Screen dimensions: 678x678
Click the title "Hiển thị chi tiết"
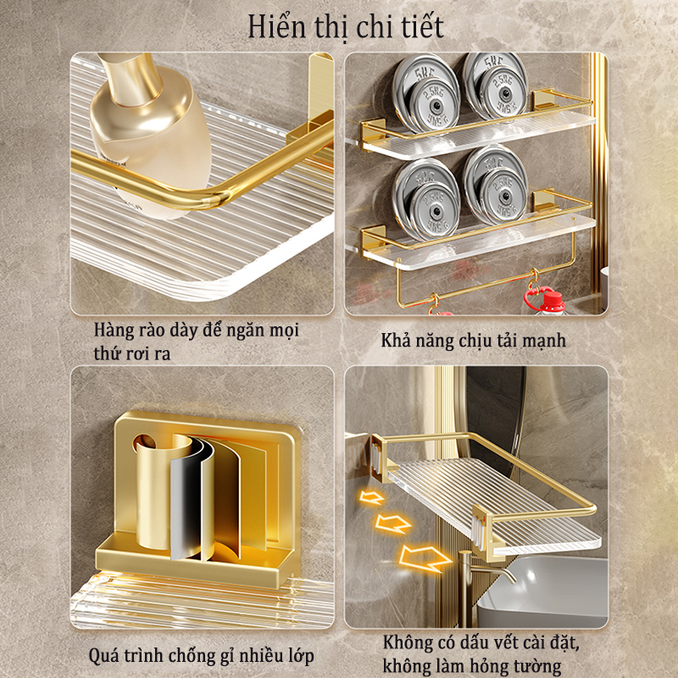tap(345, 25)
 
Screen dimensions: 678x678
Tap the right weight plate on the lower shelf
tap(496, 185)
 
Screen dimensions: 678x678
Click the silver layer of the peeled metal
tap(188, 508)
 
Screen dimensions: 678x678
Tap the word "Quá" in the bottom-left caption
tap(103, 656)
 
